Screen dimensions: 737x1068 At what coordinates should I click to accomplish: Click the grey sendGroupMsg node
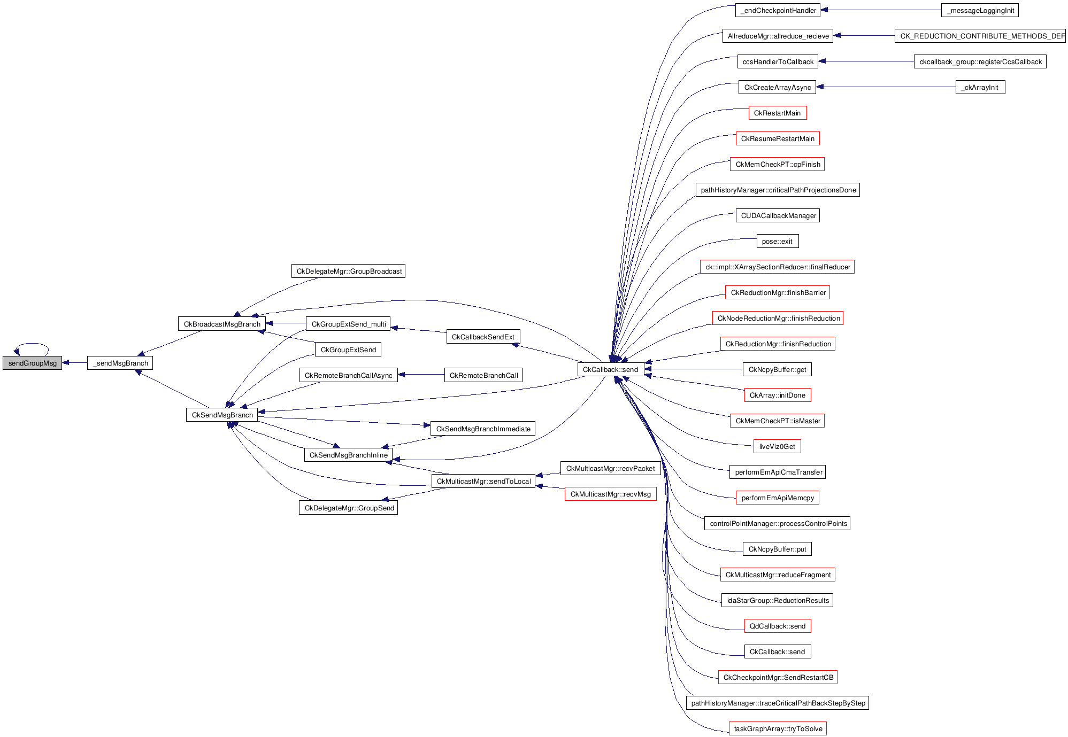32,363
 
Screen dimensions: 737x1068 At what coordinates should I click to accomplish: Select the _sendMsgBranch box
120,363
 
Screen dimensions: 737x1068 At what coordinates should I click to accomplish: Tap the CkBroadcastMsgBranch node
222,324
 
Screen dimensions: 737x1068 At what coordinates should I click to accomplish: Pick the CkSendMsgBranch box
222,415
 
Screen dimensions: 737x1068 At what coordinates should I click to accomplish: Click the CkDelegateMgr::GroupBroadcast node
349,271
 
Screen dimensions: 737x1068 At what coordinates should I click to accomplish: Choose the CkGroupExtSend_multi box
348,324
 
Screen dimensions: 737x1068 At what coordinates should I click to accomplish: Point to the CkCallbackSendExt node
483,337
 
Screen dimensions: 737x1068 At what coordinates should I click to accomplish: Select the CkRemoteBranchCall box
483,375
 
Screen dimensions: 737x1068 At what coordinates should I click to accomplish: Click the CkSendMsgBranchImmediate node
483,429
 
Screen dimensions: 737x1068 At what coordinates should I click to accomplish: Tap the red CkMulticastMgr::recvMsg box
610,494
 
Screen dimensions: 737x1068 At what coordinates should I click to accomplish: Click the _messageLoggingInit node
980,10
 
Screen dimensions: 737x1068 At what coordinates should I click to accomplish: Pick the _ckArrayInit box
980,87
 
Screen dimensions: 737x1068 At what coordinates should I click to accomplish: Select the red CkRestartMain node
777,113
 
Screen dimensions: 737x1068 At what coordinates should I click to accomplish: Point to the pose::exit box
777,241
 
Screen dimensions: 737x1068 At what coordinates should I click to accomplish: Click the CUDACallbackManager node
778,215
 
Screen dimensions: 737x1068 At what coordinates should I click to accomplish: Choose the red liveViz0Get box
777,446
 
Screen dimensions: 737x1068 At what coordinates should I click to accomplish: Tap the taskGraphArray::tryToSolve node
778,728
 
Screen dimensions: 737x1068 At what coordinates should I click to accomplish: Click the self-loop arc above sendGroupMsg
32,344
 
